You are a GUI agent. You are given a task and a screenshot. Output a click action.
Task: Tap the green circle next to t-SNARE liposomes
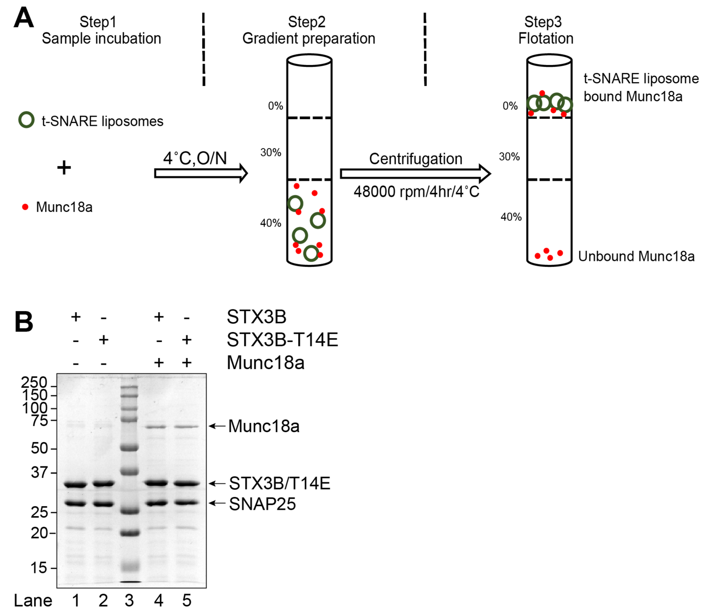[26, 120]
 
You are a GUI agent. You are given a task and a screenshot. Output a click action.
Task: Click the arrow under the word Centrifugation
[415, 174]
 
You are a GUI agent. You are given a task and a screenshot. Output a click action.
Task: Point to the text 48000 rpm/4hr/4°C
[416, 192]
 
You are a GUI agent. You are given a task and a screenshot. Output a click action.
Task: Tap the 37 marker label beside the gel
[39, 472]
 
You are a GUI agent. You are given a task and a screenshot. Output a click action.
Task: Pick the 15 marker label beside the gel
[39, 568]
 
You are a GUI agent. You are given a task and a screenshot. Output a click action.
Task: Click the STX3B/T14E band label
[279, 483]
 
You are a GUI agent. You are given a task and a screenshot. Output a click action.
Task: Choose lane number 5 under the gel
[186, 600]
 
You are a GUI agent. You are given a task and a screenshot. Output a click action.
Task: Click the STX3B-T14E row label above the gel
[282, 340]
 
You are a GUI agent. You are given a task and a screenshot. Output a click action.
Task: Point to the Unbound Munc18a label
[636, 256]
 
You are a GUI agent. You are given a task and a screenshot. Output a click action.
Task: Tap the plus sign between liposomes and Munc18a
[64, 168]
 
